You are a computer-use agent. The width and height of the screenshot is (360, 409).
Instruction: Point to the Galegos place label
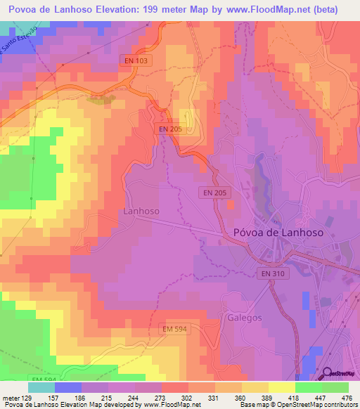[244, 318]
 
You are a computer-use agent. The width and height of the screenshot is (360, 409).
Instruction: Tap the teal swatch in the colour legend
[41, 387]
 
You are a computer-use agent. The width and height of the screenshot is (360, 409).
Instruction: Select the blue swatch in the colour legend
[67, 387]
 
